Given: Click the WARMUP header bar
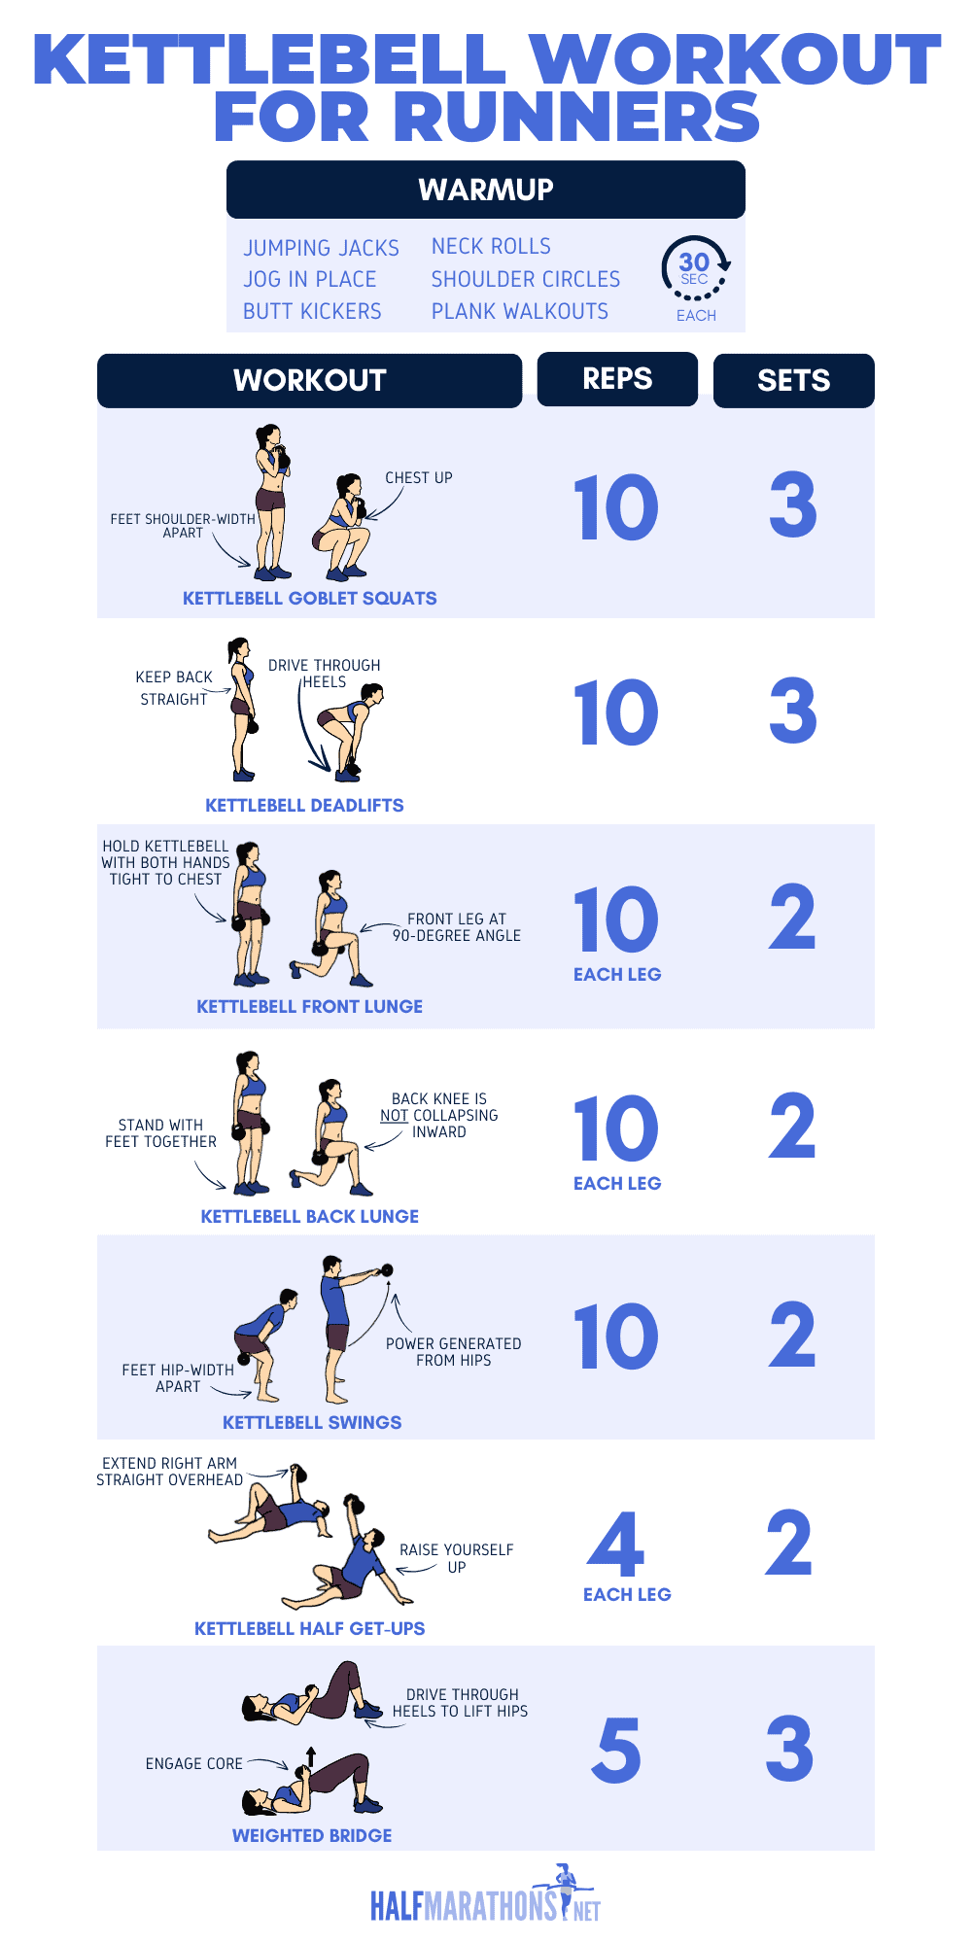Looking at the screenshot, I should click(x=485, y=190).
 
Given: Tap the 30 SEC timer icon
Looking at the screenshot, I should click(x=695, y=268).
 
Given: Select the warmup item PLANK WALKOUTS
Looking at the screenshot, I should click(x=519, y=311).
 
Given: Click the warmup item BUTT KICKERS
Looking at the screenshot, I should click(x=312, y=311).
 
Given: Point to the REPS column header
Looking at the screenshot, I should click(x=617, y=379).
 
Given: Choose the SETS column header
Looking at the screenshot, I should click(x=793, y=380).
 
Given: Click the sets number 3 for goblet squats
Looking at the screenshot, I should click(x=792, y=505).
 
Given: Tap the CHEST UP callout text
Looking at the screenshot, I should click(x=418, y=478).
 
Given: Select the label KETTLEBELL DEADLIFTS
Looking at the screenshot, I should click(x=304, y=805).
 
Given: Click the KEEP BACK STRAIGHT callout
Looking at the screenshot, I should click(x=174, y=687).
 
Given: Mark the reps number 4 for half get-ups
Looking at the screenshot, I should click(x=616, y=1545).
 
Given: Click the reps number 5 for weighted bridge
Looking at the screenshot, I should click(x=616, y=1750).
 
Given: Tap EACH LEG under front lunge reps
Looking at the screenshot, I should click(x=616, y=974).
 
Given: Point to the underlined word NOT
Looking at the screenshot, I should click(x=394, y=1115).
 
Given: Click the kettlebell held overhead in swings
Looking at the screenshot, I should click(x=387, y=1269).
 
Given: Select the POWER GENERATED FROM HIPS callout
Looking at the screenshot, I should click(x=453, y=1351).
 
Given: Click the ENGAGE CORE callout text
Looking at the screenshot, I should click(x=193, y=1763).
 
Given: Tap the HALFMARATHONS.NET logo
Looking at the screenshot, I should click(x=485, y=1900).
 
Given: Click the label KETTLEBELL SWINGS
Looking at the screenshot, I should click(x=312, y=1422).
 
